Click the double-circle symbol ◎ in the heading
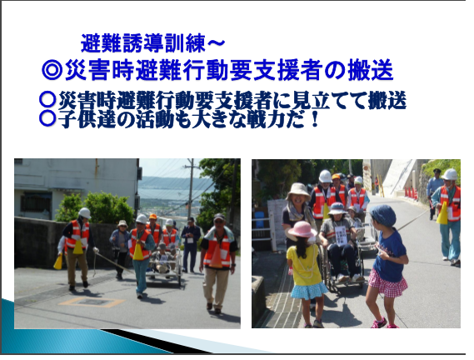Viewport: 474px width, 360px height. coord(52,70)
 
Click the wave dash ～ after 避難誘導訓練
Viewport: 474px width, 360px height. coord(216,43)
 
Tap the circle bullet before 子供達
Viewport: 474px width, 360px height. coord(47,118)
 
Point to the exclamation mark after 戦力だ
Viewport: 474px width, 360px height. coord(314,118)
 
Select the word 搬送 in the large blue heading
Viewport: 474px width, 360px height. coord(371,70)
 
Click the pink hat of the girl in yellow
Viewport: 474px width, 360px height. coord(302,229)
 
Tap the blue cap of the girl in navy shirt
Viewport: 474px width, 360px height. coord(383,215)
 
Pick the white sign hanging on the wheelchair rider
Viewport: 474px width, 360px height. coord(341,236)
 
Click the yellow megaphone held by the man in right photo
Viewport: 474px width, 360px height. coord(442,213)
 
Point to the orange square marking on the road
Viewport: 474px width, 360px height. coord(92,302)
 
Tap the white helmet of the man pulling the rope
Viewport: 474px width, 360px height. coord(85,212)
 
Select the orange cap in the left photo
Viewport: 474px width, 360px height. coord(153,217)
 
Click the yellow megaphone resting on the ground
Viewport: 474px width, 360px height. coord(58,262)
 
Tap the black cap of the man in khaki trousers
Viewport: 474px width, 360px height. coord(219,217)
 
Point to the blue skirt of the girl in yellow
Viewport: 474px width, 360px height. coord(309,290)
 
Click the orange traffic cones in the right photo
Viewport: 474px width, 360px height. coord(411,193)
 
